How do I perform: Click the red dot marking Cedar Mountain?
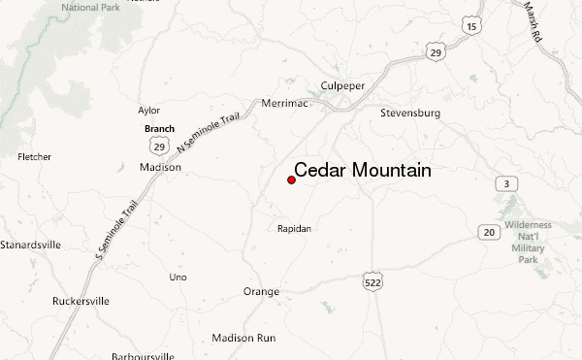292,180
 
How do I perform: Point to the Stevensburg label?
409,114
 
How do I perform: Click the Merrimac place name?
284,103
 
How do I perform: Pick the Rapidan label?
294,229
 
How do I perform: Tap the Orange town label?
261,291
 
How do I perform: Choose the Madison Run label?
244,338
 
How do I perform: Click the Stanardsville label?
30,245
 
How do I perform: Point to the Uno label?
178,278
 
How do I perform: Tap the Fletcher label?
35,156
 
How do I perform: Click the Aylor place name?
148,111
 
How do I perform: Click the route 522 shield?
373,280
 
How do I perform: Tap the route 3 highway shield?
505,183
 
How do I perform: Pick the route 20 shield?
489,232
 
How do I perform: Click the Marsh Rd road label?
534,21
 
